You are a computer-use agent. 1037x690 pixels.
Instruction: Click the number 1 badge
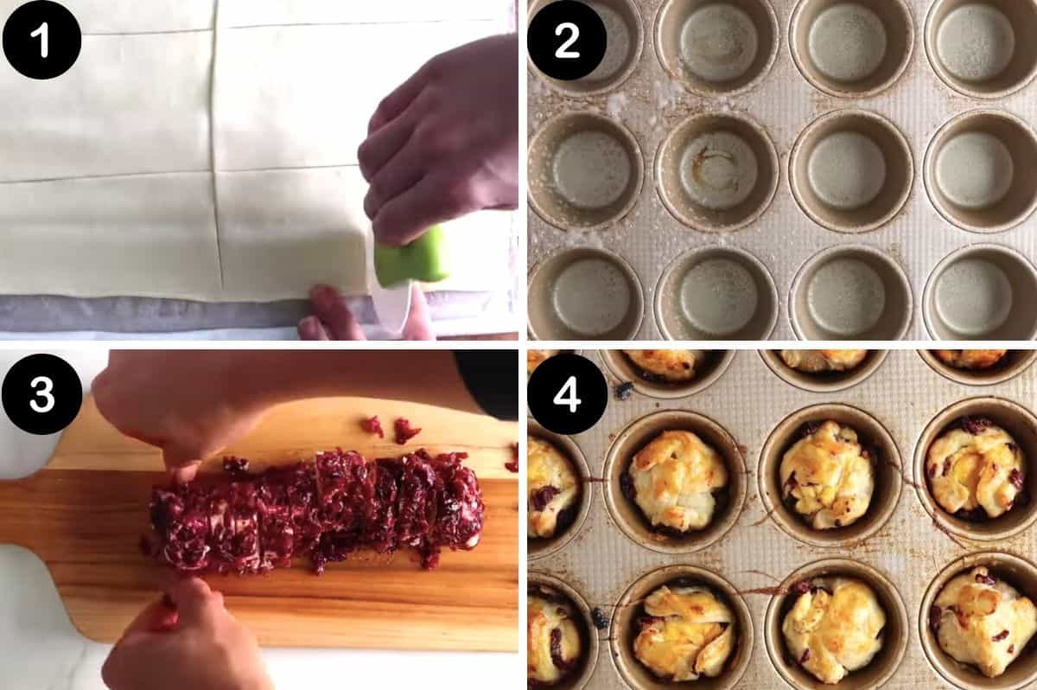coord(41,40)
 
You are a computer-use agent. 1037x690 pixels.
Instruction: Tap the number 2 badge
coord(567,40)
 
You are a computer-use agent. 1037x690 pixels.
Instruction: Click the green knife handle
coord(412,258)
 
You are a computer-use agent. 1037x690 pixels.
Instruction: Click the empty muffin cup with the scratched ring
coord(716,169)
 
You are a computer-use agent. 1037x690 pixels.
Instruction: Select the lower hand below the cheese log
coord(173,636)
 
